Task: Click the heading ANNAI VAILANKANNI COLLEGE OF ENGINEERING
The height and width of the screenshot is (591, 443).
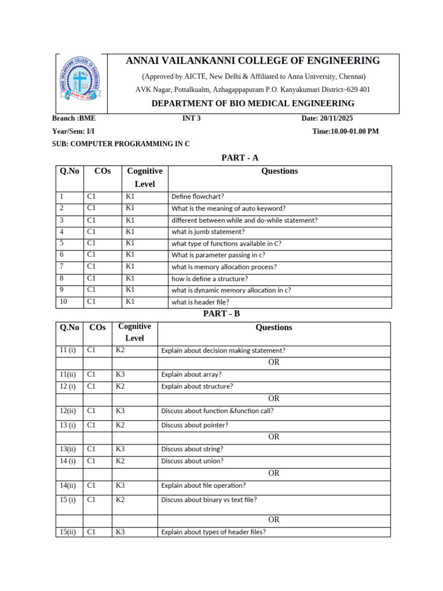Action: pos(253,61)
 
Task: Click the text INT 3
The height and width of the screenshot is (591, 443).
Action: pos(191,118)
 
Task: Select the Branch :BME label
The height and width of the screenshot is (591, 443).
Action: pos(74,118)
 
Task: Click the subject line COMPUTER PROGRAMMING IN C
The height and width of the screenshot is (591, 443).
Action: pos(121,144)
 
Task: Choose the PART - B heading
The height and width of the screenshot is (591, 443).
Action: pos(221,313)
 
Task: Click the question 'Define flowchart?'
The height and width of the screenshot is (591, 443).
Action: pos(197,196)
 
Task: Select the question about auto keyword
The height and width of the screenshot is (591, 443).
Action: pos(228,208)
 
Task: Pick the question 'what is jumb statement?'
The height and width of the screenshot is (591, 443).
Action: pos(208,231)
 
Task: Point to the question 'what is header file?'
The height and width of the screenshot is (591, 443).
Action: pos(200,302)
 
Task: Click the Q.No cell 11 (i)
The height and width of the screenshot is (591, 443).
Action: pos(68,350)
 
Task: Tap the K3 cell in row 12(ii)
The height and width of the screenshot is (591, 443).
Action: pos(120,410)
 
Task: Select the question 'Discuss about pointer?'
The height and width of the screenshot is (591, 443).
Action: pos(194,425)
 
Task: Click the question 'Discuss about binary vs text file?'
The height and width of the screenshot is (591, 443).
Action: pos(209,500)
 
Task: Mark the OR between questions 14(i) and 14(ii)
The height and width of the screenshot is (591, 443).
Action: pos(273,473)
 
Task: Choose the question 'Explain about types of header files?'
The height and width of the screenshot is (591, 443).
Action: pos(213,532)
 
